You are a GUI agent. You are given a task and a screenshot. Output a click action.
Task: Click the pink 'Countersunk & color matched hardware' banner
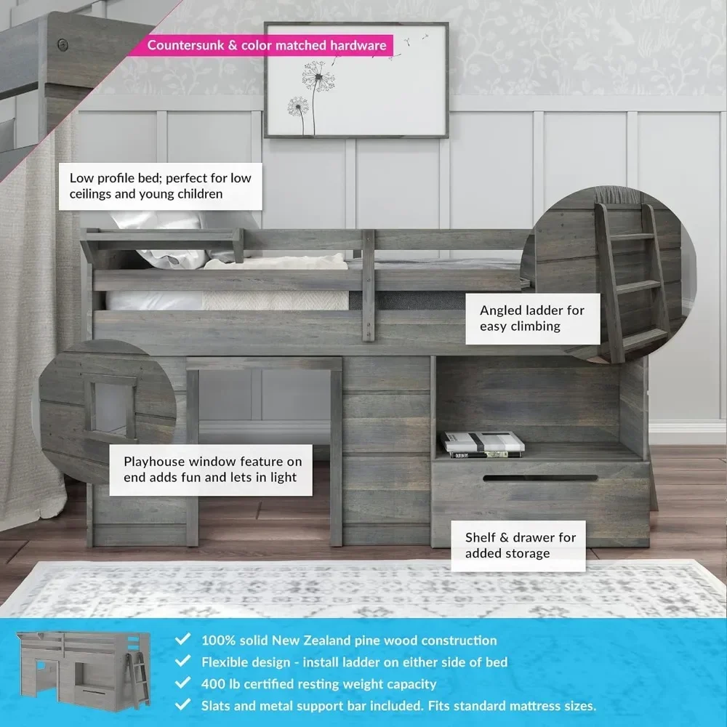267,46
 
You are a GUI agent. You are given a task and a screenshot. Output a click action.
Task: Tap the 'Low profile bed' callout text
160,185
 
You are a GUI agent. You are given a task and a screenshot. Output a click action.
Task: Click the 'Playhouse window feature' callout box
212,470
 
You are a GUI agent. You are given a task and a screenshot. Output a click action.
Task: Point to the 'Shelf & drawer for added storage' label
520,545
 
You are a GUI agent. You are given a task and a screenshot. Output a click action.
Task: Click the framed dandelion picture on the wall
356,80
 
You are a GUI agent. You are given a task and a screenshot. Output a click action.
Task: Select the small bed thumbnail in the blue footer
84,670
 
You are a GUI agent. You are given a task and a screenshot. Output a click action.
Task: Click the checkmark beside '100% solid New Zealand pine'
183,640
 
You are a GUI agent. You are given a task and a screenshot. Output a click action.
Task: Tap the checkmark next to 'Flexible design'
183,662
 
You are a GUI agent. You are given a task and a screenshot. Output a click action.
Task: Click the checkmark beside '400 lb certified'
183,684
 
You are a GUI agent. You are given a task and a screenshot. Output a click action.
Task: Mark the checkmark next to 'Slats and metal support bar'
183,705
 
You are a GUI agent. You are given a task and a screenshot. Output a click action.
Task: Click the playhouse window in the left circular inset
110,403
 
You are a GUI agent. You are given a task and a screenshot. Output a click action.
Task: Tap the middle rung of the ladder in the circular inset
638,285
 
